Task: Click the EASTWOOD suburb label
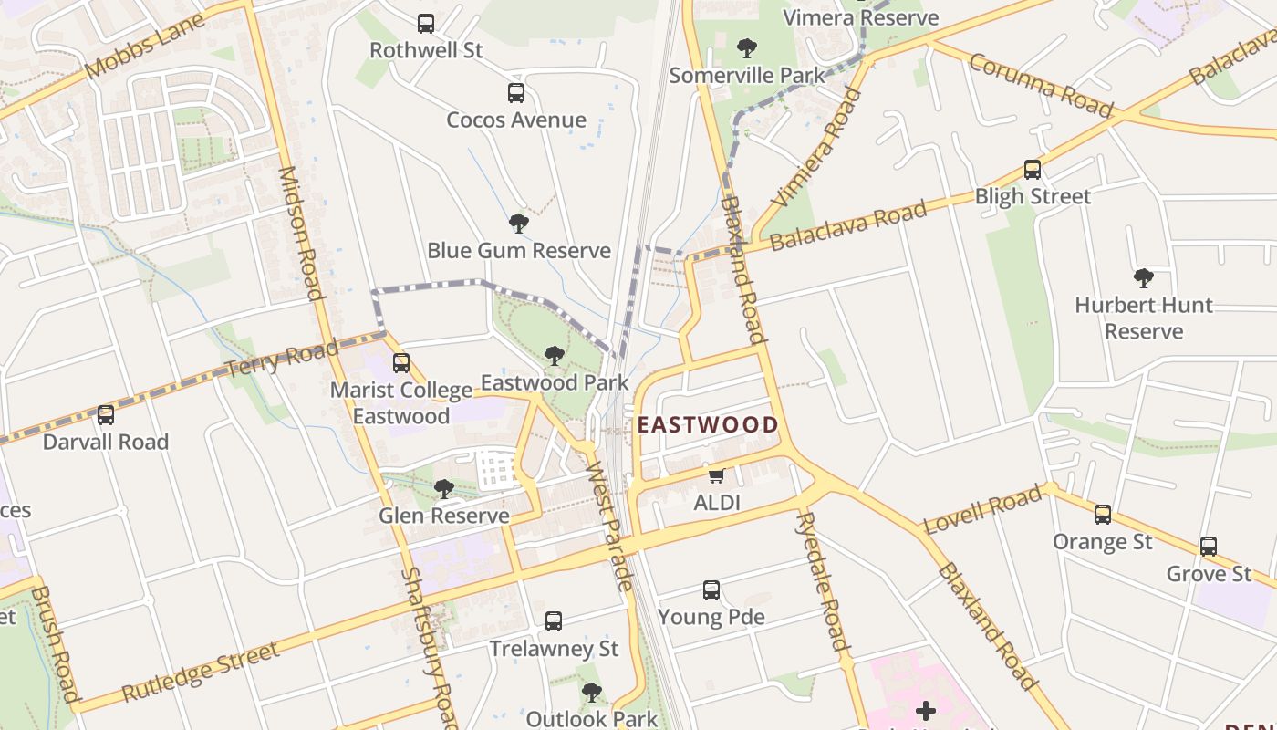(x=708, y=424)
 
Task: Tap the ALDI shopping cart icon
(x=717, y=475)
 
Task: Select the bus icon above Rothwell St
(x=426, y=24)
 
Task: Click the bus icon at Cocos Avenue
(x=516, y=93)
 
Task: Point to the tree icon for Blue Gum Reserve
(x=518, y=224)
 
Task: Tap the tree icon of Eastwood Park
(x=554, y=356)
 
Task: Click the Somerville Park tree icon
(x=747, y=48)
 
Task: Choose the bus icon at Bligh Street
(x=1033, y=170)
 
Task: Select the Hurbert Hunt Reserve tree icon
(x=1143, y=278)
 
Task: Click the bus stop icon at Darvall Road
(x=106, y=415)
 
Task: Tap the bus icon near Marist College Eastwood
(x=401, y=363)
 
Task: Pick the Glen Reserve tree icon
(x=444, y=489)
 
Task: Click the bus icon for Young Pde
(x=711, y=590)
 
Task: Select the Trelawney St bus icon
(x=554, y=621)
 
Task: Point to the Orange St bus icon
(x=1103, y=515)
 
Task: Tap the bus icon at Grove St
(x=1209, y=547)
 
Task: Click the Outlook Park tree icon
(x=592, y=693)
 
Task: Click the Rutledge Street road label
(x=200, y=672)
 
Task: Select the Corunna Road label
(x=1041, y=86)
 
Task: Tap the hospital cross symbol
(x=926, y=711)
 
